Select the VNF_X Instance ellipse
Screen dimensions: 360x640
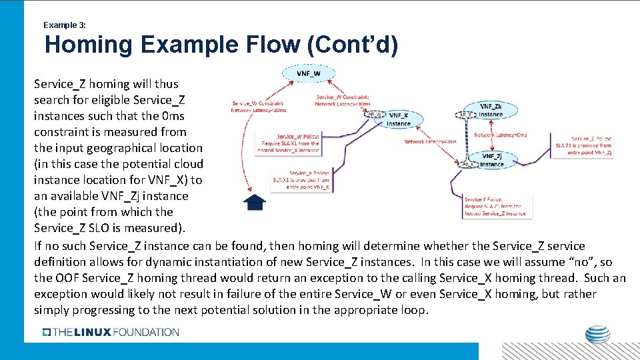coord(399,119)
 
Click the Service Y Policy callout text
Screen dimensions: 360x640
coord(495,206)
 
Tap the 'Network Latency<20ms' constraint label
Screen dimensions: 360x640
coord(257,107)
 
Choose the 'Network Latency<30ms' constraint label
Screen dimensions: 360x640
coord(343,101)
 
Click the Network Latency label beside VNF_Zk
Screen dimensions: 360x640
coord(500,135)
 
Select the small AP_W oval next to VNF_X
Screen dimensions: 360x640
coord(375,114)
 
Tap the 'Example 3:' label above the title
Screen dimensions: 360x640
coord(64,25)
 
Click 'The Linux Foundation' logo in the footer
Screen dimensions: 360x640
coord(111,332)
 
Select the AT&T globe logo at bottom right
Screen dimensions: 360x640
coord(597,335)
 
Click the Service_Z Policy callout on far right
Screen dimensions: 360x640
coord(591,145)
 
